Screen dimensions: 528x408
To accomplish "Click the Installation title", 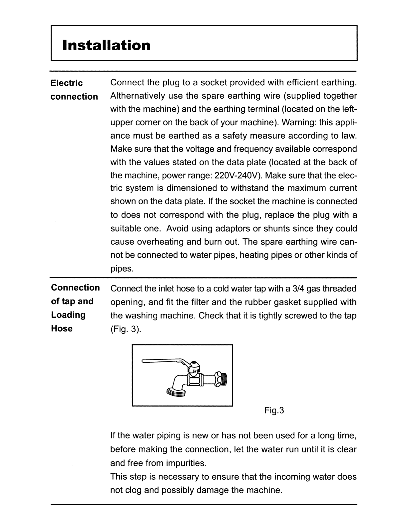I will point(107,45).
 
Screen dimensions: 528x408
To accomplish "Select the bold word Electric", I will point(67,83).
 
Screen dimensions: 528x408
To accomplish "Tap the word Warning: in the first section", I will point(299,122).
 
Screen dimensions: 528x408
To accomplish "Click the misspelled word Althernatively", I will point(138,96).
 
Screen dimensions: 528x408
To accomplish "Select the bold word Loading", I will point(68,315).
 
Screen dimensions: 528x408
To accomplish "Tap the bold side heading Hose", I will point(62,328).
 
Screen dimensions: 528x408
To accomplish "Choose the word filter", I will point(200,302).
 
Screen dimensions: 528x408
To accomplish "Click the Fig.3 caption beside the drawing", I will point(274,410).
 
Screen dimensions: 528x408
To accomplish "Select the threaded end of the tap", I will point(222,379).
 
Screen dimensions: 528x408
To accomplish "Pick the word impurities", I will point(186,463).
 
